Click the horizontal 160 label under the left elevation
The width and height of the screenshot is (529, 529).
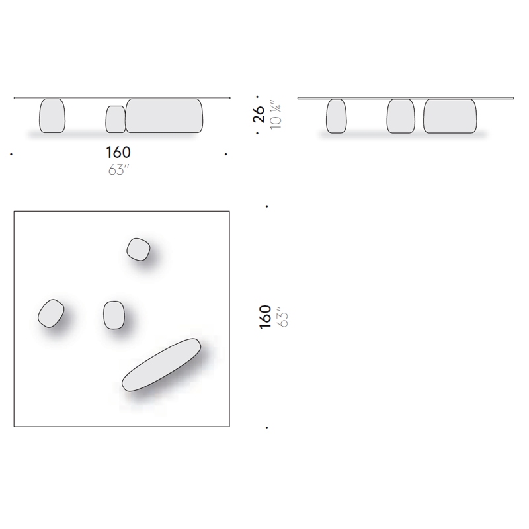coord(118,153)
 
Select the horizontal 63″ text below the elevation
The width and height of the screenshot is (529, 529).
coord(119,170)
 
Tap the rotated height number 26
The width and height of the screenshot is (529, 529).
coord(259,114)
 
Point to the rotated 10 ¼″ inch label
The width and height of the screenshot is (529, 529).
coord(276,114)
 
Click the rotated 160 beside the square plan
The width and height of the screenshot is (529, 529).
coord(265,317)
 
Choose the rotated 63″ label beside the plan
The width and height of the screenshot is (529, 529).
coord(283,317)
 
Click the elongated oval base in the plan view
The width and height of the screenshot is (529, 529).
coord(161,365)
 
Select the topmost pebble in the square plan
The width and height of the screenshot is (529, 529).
coord(138,249)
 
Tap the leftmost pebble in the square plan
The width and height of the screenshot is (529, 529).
coord(51,313)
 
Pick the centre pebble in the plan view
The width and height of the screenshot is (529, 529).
coord(114,315)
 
